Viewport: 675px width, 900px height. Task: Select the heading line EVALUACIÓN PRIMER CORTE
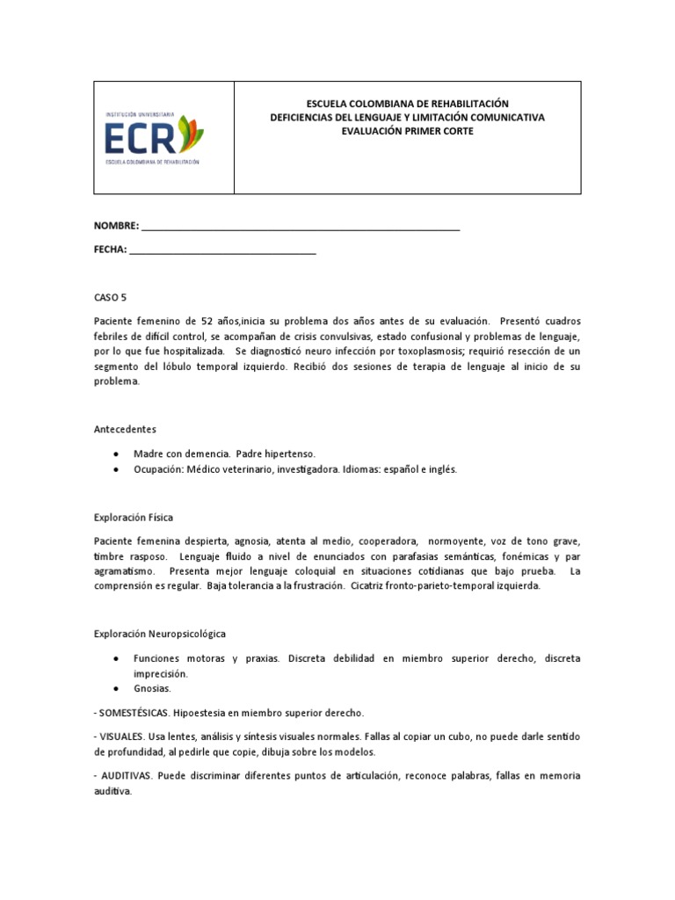click(407, 131)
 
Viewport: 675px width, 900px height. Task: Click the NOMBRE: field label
click(116, 227)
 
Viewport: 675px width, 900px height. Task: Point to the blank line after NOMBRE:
click(301, 227)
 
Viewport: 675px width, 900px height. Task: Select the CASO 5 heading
click(111, 298)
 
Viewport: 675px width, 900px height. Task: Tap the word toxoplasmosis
click(392, 351)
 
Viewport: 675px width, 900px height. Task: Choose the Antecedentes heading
click(125, 430)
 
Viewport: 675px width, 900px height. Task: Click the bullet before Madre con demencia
click(117, 454)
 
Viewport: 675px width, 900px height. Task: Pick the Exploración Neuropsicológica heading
click(160, 633)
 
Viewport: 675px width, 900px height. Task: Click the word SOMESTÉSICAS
click(131, 713)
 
